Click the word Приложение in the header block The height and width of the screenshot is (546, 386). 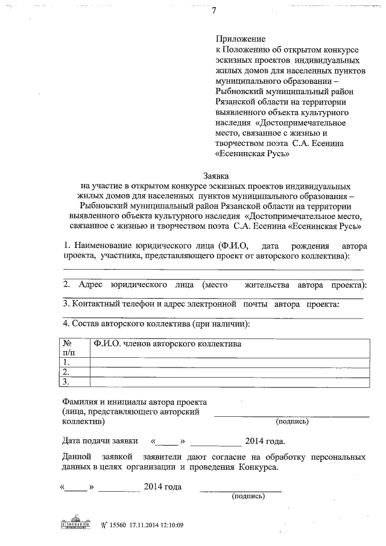[x=240, y=38]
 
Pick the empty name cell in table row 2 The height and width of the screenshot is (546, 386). [x=229, y=372]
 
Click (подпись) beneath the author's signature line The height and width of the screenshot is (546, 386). [x=292, y=421]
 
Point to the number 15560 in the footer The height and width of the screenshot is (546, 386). [x=119, y=525]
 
